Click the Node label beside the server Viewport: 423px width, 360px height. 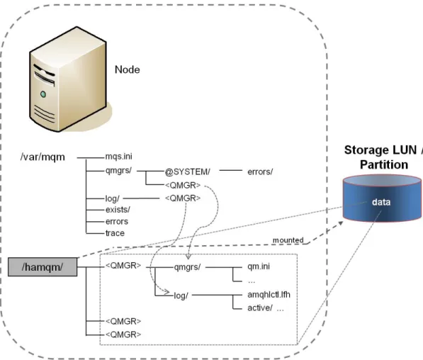click(x=128, y=69)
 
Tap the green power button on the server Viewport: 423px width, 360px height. click(x=43, y=94)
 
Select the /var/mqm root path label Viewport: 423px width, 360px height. click(x=43, y=157)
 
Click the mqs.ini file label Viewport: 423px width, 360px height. click(x=119, y=156)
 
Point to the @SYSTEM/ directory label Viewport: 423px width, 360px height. click(x=188, y=171)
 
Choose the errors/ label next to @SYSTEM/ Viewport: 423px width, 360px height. click(x=260, y=171)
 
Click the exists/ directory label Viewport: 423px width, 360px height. click(x=118, y=210)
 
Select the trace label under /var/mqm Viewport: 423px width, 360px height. click(x=115, y=233)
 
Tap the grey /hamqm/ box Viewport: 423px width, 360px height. click(x=43, y=267)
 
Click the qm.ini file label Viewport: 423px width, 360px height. click(x=259, y=266)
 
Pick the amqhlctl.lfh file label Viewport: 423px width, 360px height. click(x=269, y=294)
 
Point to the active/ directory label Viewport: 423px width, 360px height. click(x=260, y=308)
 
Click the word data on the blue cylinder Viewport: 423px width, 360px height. click(x=381, y=202)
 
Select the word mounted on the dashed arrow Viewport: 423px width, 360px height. click(x=288, y=240)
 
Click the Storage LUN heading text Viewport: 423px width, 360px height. click(x=383, y=150)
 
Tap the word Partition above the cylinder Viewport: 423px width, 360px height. click(x=384, y=164)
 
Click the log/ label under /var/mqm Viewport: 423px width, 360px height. click(x=112, y=198)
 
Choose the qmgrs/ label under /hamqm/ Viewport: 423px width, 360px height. click(x=187, y=267)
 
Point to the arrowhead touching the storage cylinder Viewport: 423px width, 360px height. click(x=340, y=223)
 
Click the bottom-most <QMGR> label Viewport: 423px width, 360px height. click(x=123, y=334)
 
